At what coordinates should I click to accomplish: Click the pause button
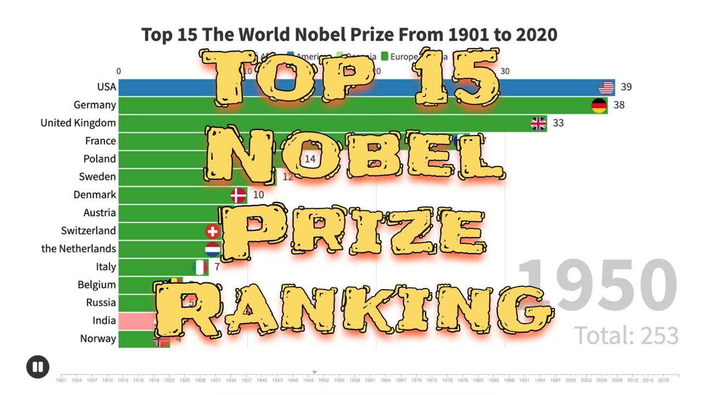37,367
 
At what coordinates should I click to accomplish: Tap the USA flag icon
606,87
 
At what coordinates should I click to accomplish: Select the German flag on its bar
599,105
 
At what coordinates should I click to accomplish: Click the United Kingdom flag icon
539,123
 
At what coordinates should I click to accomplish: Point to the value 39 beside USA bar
626,87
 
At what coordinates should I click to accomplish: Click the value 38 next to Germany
619,105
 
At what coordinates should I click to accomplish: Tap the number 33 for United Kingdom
558,123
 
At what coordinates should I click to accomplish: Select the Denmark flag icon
238,195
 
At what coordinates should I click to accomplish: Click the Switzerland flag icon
213,231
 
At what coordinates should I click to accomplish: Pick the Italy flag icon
200,267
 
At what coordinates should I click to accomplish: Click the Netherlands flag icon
213,249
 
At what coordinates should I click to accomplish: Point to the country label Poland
99,159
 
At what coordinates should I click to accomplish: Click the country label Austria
99,212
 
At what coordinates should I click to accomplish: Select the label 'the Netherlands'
78,249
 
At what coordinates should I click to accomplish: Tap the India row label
104,320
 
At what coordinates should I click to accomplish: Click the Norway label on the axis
98,338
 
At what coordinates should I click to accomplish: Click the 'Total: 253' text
626,335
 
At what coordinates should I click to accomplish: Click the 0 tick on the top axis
118,71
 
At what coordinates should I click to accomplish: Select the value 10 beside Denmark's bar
258,195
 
